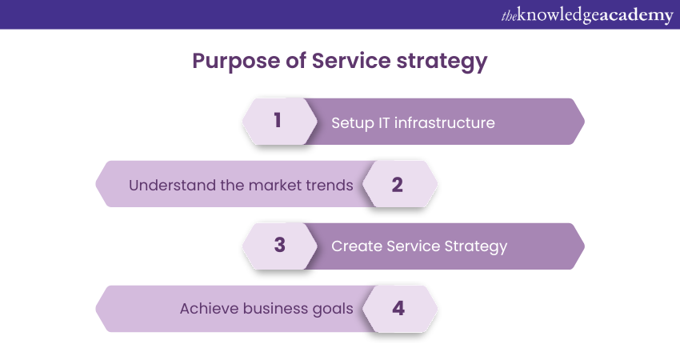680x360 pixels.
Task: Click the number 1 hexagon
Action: pyautogui.click(x=280, y=122)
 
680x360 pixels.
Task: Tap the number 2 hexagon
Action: pyautogui.click(x=400, y=184)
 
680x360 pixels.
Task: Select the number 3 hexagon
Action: pyautogui.click(x=280, y=246)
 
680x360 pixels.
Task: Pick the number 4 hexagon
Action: pyautogui.click(x=400, y=309)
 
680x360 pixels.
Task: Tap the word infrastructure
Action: pyautogui.click(x=445, y=122)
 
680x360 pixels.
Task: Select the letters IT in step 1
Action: pyautogui.click(x=384, y=122)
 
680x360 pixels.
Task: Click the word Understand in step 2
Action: pyautogui.click(x=172, y=186)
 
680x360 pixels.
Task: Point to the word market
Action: pyautogui.click(x=275, y=186)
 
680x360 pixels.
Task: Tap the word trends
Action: pyautogui.click(x=330, y=186)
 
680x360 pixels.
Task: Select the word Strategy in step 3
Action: pyautogui.click(x=476, y=246)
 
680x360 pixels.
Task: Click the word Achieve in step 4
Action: pyautogui.click(x=209, y=308)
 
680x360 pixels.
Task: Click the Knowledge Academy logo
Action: pyautogui.click(x=587, y=15)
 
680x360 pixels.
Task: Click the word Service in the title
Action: pyautogui.click(x=351, y=60)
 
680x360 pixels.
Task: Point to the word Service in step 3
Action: pyautogui.click(x=413, y=246)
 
